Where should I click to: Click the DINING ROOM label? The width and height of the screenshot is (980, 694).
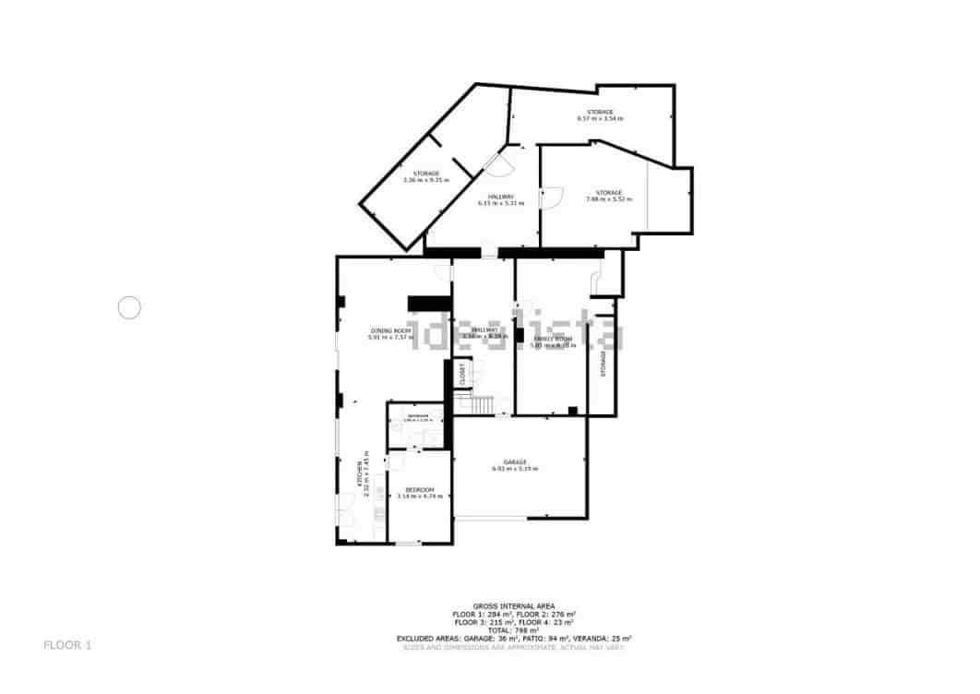[390, 330]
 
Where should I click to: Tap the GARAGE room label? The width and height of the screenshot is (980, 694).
[515, 462]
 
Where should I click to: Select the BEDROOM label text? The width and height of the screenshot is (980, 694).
[419, 490]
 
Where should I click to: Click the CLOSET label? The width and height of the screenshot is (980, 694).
[463, 375]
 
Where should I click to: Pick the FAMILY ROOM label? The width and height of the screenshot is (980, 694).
[553, 340]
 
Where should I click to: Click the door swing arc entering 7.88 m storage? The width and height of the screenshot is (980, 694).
[552, 197]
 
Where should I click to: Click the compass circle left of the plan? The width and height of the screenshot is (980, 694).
[129, 307]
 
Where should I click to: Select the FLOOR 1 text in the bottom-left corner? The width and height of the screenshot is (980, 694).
[67, 645]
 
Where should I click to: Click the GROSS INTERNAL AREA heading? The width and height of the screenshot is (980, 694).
[514, 605]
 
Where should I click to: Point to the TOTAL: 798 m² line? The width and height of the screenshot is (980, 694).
[514, 629]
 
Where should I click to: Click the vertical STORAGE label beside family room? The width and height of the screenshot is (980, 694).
[604, 363]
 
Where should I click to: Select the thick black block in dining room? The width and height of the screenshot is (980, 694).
[429, 303]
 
